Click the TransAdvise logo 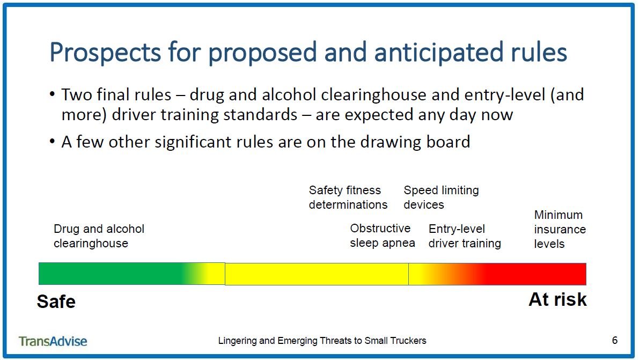(53, 341)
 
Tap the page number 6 (614, 340)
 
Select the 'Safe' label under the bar (56, 302)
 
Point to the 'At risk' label (557, 300)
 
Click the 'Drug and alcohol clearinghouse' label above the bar (99, 236)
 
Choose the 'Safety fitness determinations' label (348, 197)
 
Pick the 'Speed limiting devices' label (441, 197)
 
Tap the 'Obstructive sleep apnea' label (382, 236)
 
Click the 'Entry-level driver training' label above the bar (465, 236)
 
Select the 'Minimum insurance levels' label (560, 229)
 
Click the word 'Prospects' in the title (105, 53)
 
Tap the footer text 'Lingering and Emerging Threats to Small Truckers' (322, 341)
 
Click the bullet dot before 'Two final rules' (52, 94)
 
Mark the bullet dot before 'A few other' (52, 142)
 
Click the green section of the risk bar (110, 274)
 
